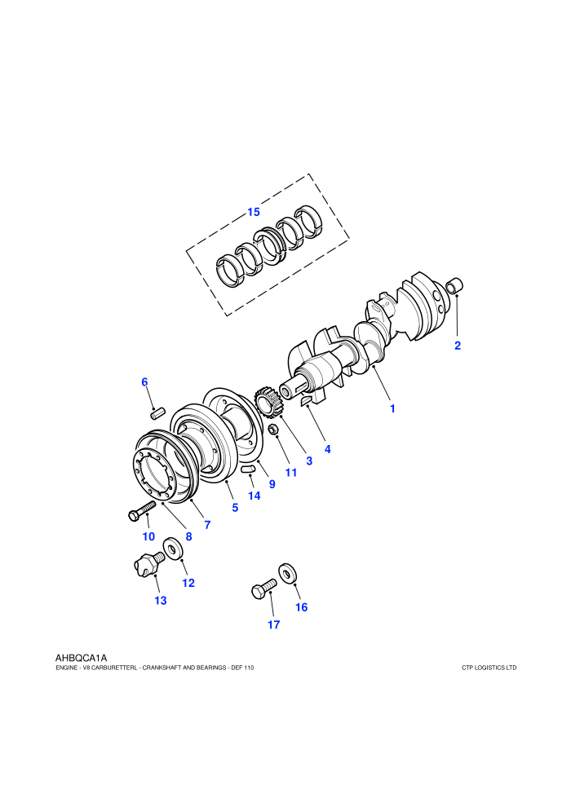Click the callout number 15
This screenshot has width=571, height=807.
point(254,212)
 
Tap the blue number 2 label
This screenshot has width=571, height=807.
point(458,346)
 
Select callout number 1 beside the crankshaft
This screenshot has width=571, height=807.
point(392,408)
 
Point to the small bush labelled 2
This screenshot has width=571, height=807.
point(454,285)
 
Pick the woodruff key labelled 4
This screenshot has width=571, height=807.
point(306,400)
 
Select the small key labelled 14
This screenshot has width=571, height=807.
point(248,469)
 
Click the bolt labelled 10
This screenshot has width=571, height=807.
point(141,511)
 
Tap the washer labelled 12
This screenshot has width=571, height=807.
point(173,548)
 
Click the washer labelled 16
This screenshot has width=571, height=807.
point(288,573)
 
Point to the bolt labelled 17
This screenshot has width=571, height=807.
point(263,589)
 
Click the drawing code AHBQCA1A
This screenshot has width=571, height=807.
point(81,658)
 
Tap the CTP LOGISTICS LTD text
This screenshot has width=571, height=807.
point(489,668)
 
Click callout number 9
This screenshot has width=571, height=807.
point(272,484)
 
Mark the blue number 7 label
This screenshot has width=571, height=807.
point(207,525)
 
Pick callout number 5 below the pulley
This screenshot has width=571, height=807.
point(235,508)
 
